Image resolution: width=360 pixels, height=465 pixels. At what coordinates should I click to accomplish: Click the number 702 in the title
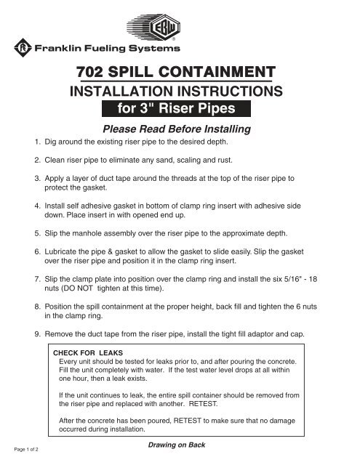pos(95,73)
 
